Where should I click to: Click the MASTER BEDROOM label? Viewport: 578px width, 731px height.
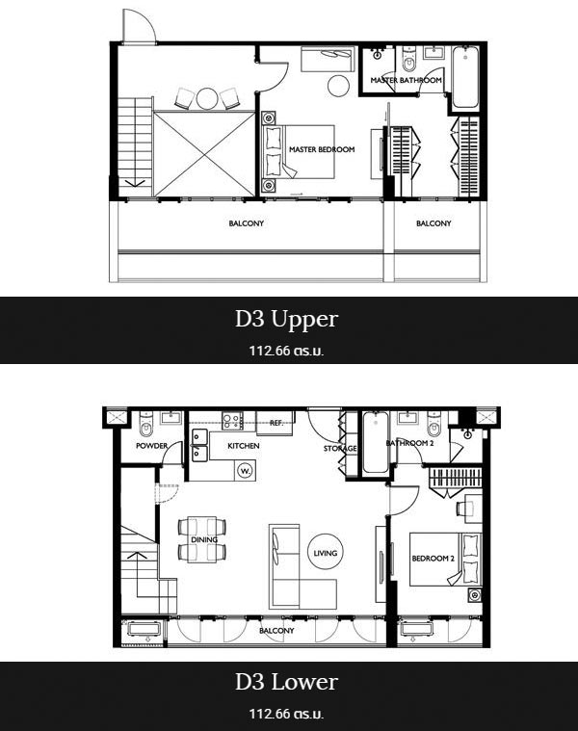point(322,149)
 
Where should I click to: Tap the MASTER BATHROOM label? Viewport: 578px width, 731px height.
point(406,80)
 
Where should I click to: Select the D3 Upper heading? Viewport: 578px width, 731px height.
point(286,320)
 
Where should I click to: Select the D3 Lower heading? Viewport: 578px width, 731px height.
point(286,683)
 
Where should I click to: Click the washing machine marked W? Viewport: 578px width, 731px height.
point(245,471)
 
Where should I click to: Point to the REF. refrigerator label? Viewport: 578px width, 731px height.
point(276,424)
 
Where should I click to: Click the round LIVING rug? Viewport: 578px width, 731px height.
point(326,553)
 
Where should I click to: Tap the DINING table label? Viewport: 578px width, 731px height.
point(204,539)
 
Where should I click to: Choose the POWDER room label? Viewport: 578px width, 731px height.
point(151,446)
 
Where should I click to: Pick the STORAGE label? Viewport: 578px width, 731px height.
point(340,449)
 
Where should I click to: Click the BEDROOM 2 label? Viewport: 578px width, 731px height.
point(433,558)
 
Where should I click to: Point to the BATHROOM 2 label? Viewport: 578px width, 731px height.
point(409,443)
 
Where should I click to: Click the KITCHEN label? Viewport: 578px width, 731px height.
point(244,446)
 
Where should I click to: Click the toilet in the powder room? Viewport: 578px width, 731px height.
point(146,423)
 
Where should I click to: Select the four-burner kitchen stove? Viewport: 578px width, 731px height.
point(231,421)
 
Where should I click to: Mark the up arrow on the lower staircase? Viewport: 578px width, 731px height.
point(138,574)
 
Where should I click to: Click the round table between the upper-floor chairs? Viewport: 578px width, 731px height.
point(205,98)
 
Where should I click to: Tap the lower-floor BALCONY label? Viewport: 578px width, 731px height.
point(276,631)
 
